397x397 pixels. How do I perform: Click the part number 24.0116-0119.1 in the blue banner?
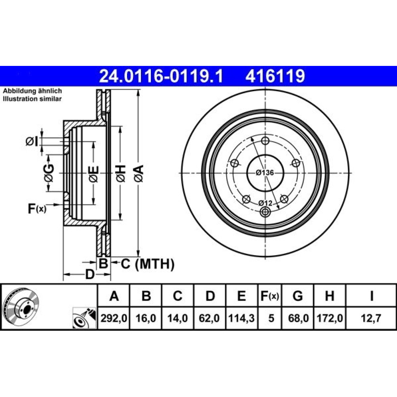coord(161,76)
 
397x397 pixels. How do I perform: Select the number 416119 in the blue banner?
coord(275,76)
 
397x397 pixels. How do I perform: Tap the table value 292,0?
coord(114,318)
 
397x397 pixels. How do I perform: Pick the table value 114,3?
coord(241,318)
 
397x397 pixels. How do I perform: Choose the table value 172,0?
coord(330,318)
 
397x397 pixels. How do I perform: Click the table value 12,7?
coord(372,318)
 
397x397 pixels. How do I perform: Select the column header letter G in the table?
coord(297,295)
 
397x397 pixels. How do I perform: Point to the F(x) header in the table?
coord(270,296)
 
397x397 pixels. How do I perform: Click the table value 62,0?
coord(209,318)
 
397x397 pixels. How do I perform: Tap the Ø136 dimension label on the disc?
coord(265,173)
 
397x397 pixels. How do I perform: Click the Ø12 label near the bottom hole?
coord(265,203)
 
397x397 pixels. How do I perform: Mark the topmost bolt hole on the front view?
coord(265,141)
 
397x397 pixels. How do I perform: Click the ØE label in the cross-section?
coord(93,174)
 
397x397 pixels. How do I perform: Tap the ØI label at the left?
coord(32,141)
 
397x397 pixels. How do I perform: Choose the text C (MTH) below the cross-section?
coord(148,264)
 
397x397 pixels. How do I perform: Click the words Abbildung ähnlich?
coord(32,91)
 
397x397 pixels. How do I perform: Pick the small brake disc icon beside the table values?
coord(84,318)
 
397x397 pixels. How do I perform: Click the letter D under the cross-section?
coord(90,274)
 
